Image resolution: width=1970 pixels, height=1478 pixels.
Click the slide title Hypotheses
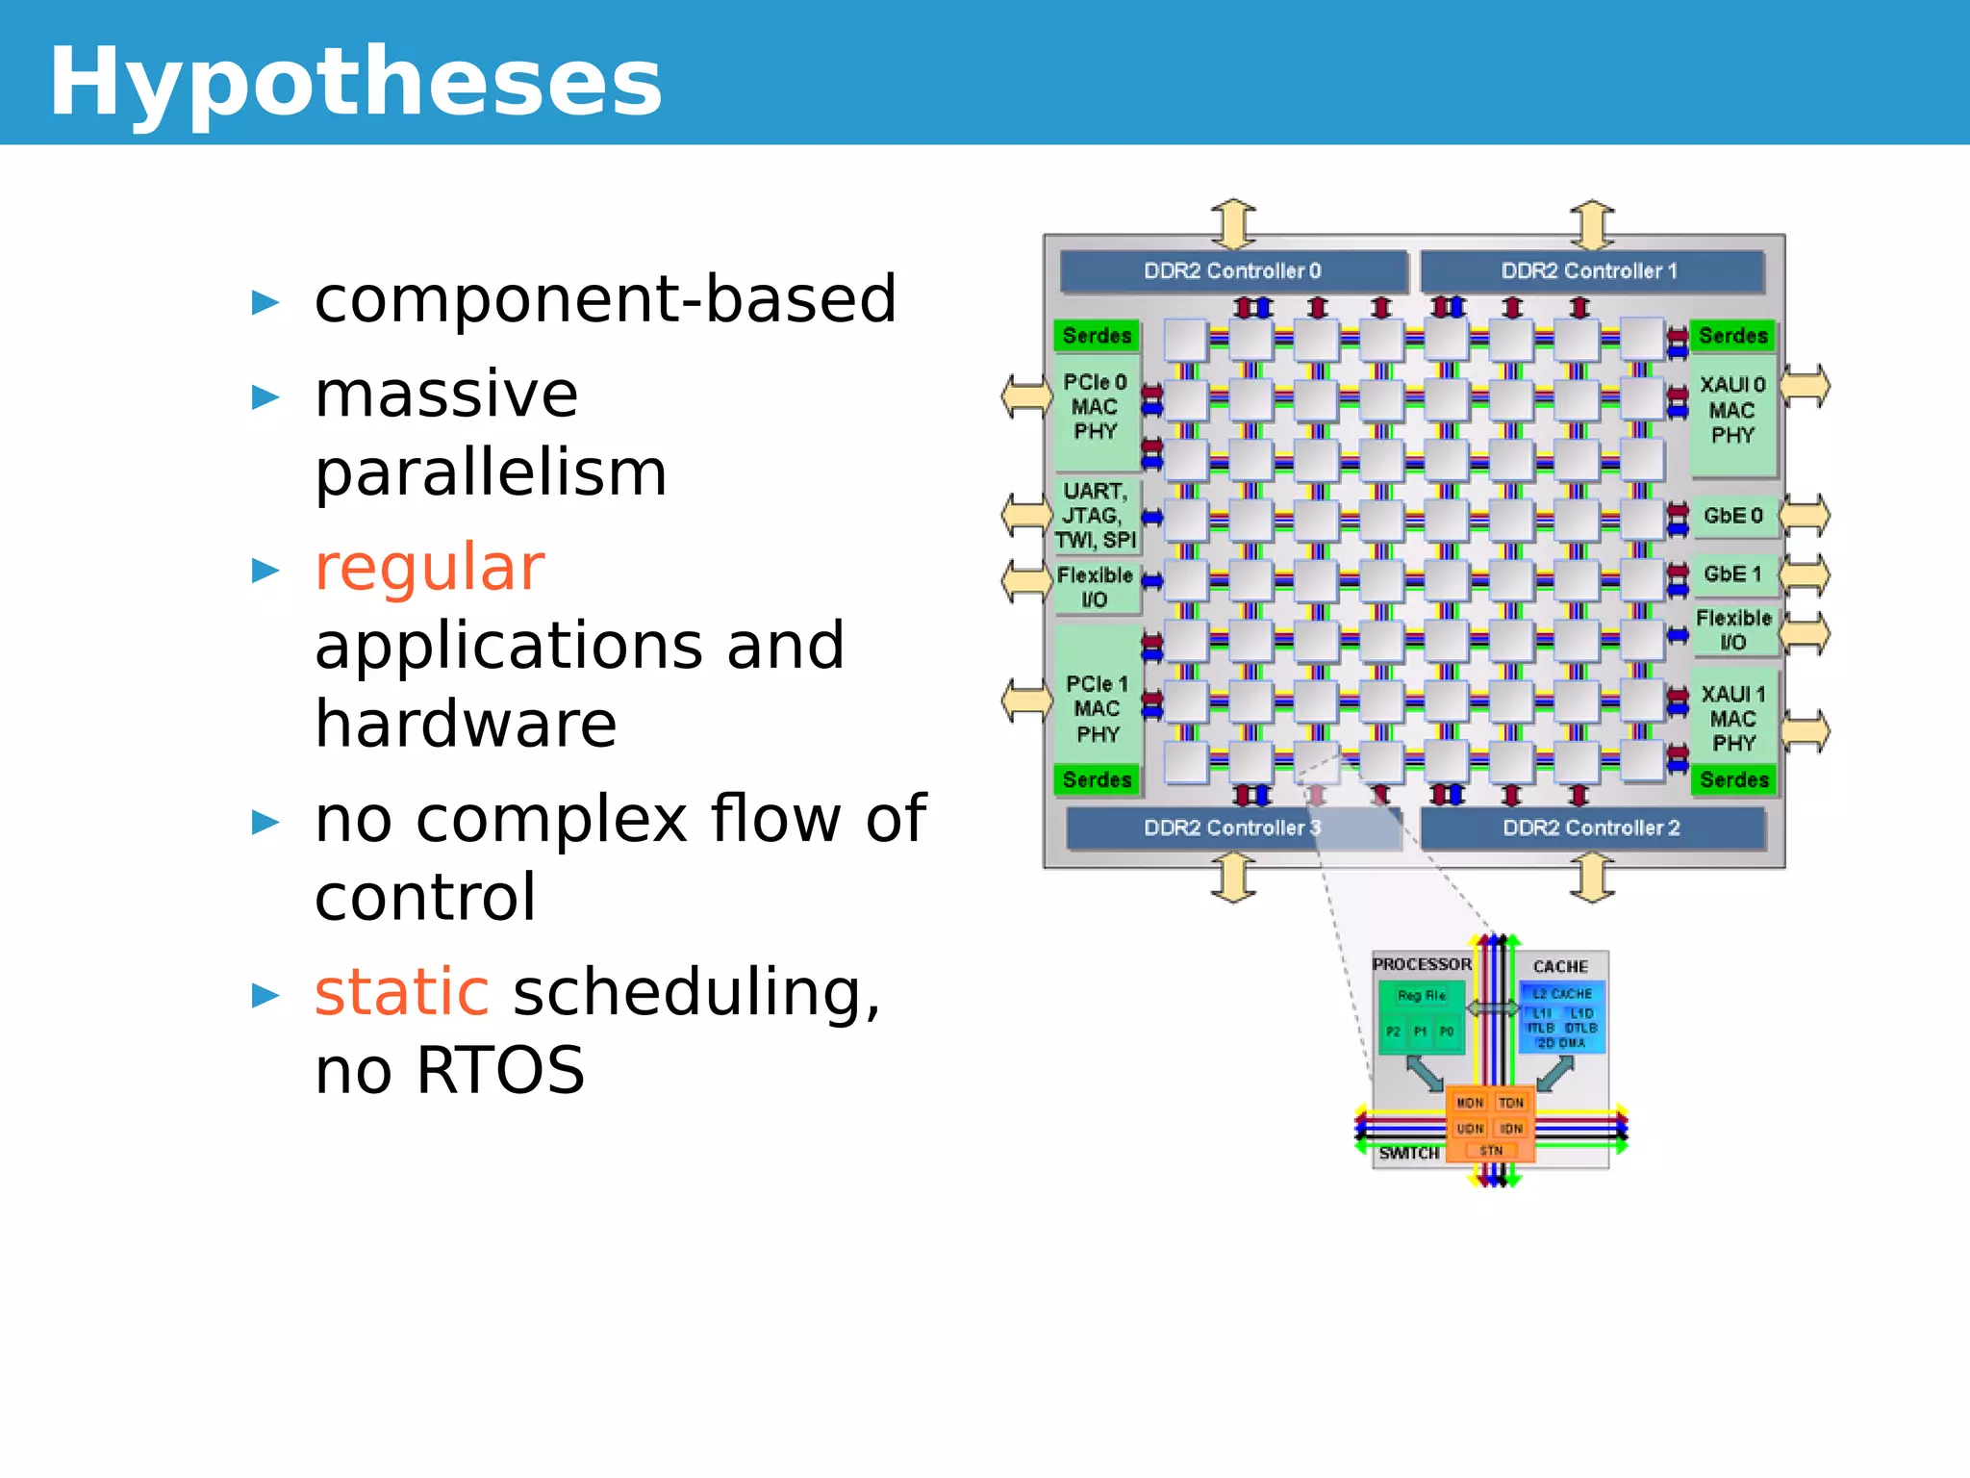(x=356, y=83)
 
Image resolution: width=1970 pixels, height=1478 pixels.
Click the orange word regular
(x=429, y=568)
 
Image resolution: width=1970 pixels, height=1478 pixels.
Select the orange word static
(x=401, y=992)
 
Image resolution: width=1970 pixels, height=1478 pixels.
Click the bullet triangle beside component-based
(x=265, y=303)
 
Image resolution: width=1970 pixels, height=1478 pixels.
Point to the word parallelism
(x=491, y=473)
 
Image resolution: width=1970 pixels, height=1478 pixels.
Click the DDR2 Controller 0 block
(x=1232, y=271)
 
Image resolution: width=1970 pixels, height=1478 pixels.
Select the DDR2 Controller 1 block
(x=1590, y=271)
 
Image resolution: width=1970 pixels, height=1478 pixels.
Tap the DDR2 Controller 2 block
(x=1591, y=828)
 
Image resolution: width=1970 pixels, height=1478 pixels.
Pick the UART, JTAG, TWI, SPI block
(x=1095, y=516)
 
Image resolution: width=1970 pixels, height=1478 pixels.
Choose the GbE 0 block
(x=1732, y=516)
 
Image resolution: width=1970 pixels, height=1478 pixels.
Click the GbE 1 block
(x=1732, y=574)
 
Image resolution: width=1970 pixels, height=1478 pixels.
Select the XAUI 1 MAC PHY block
(x=1733, y=719)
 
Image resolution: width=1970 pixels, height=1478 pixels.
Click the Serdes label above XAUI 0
(x=1733, y=336)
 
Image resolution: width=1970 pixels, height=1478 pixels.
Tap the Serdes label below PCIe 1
(x=1097, y=779)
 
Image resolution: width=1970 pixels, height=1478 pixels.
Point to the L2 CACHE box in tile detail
(x=1562, y=994)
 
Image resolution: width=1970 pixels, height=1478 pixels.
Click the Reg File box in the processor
(x=1421, y=996)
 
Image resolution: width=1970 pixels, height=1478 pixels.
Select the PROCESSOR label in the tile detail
(x=1421, y=964)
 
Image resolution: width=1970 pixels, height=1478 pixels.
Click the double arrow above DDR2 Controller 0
(x=1233, y=223)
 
